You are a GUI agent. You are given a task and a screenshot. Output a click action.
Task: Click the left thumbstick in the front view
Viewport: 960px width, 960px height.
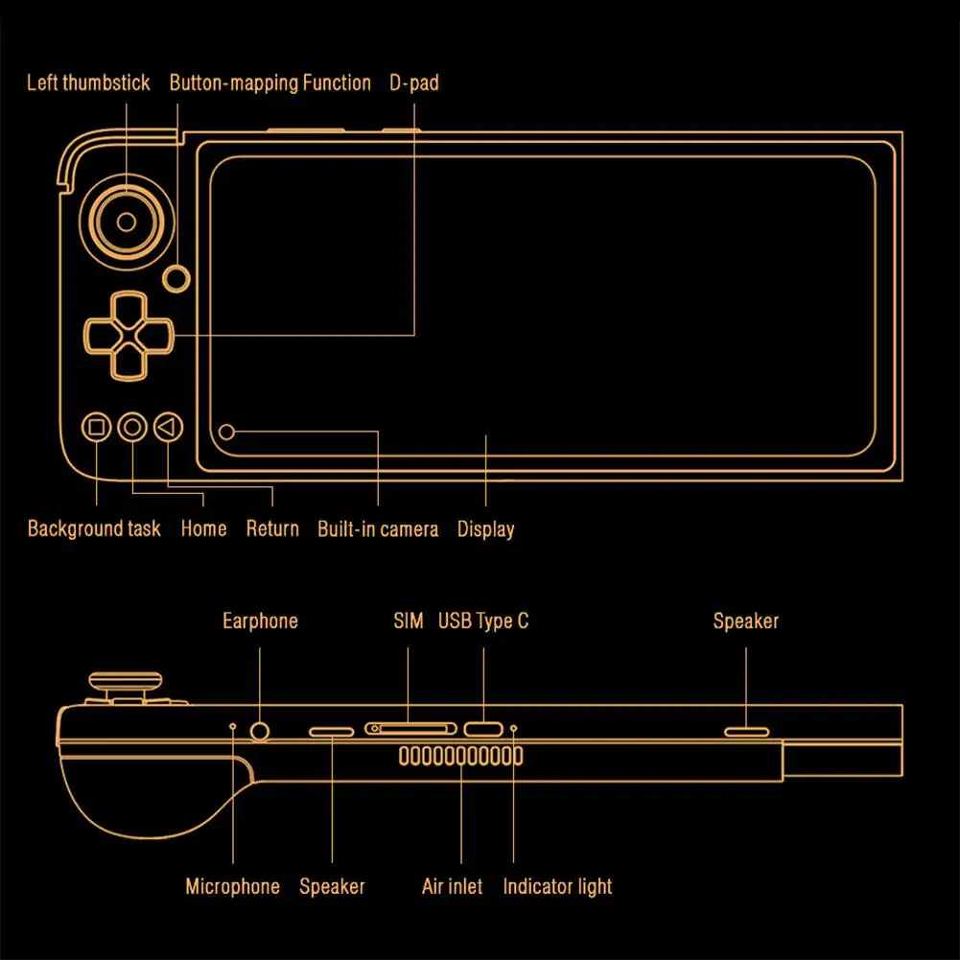point(126,222)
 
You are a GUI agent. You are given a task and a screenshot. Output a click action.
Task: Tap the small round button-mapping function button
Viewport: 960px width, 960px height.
point(176,278)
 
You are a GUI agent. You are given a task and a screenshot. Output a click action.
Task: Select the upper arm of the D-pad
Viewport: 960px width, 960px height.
point(126,311)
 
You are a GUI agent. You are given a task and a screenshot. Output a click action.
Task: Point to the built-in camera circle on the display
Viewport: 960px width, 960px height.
point(226,432)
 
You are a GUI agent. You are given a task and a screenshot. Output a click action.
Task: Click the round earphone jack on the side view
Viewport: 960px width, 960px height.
point(260,731)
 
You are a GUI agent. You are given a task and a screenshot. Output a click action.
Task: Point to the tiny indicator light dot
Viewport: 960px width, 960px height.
point(513,729)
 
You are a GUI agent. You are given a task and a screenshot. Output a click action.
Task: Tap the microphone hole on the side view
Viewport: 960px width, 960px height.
point(233,727)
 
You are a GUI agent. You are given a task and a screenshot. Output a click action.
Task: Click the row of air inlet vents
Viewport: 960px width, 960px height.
point(460,757)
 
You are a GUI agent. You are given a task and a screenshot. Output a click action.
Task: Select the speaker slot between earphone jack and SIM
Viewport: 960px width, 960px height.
point(332,731)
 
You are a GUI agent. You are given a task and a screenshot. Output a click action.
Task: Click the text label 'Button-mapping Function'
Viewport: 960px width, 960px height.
point(269,82)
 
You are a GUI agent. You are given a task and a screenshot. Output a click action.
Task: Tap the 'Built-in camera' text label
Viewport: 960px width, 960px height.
point(378,528)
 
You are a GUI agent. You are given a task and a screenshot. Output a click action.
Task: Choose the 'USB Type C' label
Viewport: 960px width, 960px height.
point(483,621)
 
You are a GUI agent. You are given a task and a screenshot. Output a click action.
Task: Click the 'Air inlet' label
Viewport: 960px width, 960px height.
point(452,886)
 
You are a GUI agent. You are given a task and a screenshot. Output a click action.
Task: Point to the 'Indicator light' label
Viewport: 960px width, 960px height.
point(557,886)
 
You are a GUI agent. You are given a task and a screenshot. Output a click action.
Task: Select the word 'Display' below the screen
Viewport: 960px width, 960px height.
point(485,528)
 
